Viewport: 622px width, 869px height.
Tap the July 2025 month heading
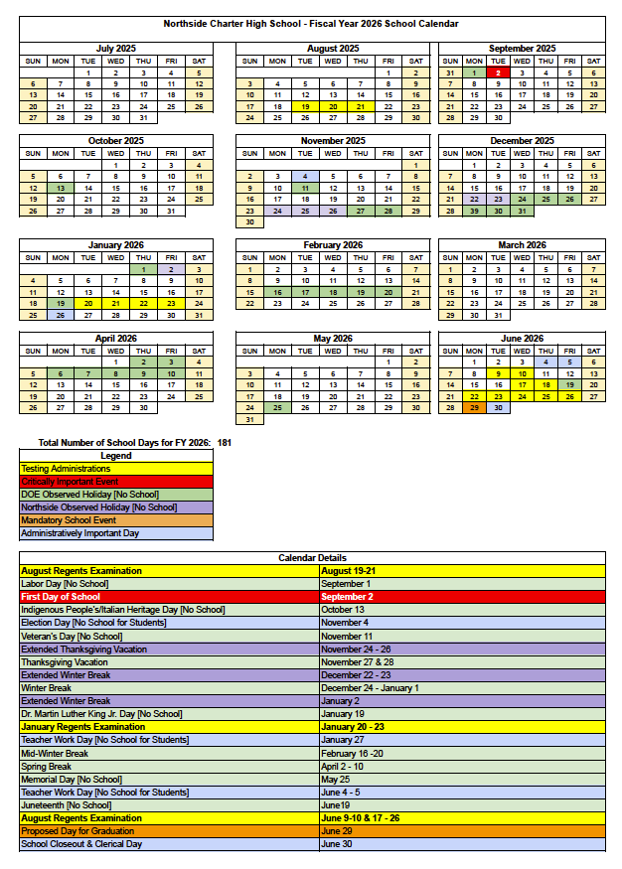click(x=116, y=48)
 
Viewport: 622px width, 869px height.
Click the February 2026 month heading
click(x=333, y=244)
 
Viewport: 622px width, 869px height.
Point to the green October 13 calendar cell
click(x=61, y=187)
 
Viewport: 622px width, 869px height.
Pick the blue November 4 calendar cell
click(x=305, y=175)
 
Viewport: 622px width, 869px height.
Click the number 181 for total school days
click(x=225, y=442)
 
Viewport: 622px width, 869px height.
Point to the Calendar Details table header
click(x=312, y=559)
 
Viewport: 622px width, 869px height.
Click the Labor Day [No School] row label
click(x=64, y=584)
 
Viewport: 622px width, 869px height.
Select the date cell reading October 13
click(x=343, y=610)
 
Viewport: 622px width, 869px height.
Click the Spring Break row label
click(x=47, y=767)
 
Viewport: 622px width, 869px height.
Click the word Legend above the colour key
click(x=115, y=456)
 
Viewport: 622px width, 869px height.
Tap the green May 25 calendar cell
click(x=277, y=407)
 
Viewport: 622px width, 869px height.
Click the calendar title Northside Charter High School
click(x=312, y=23)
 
